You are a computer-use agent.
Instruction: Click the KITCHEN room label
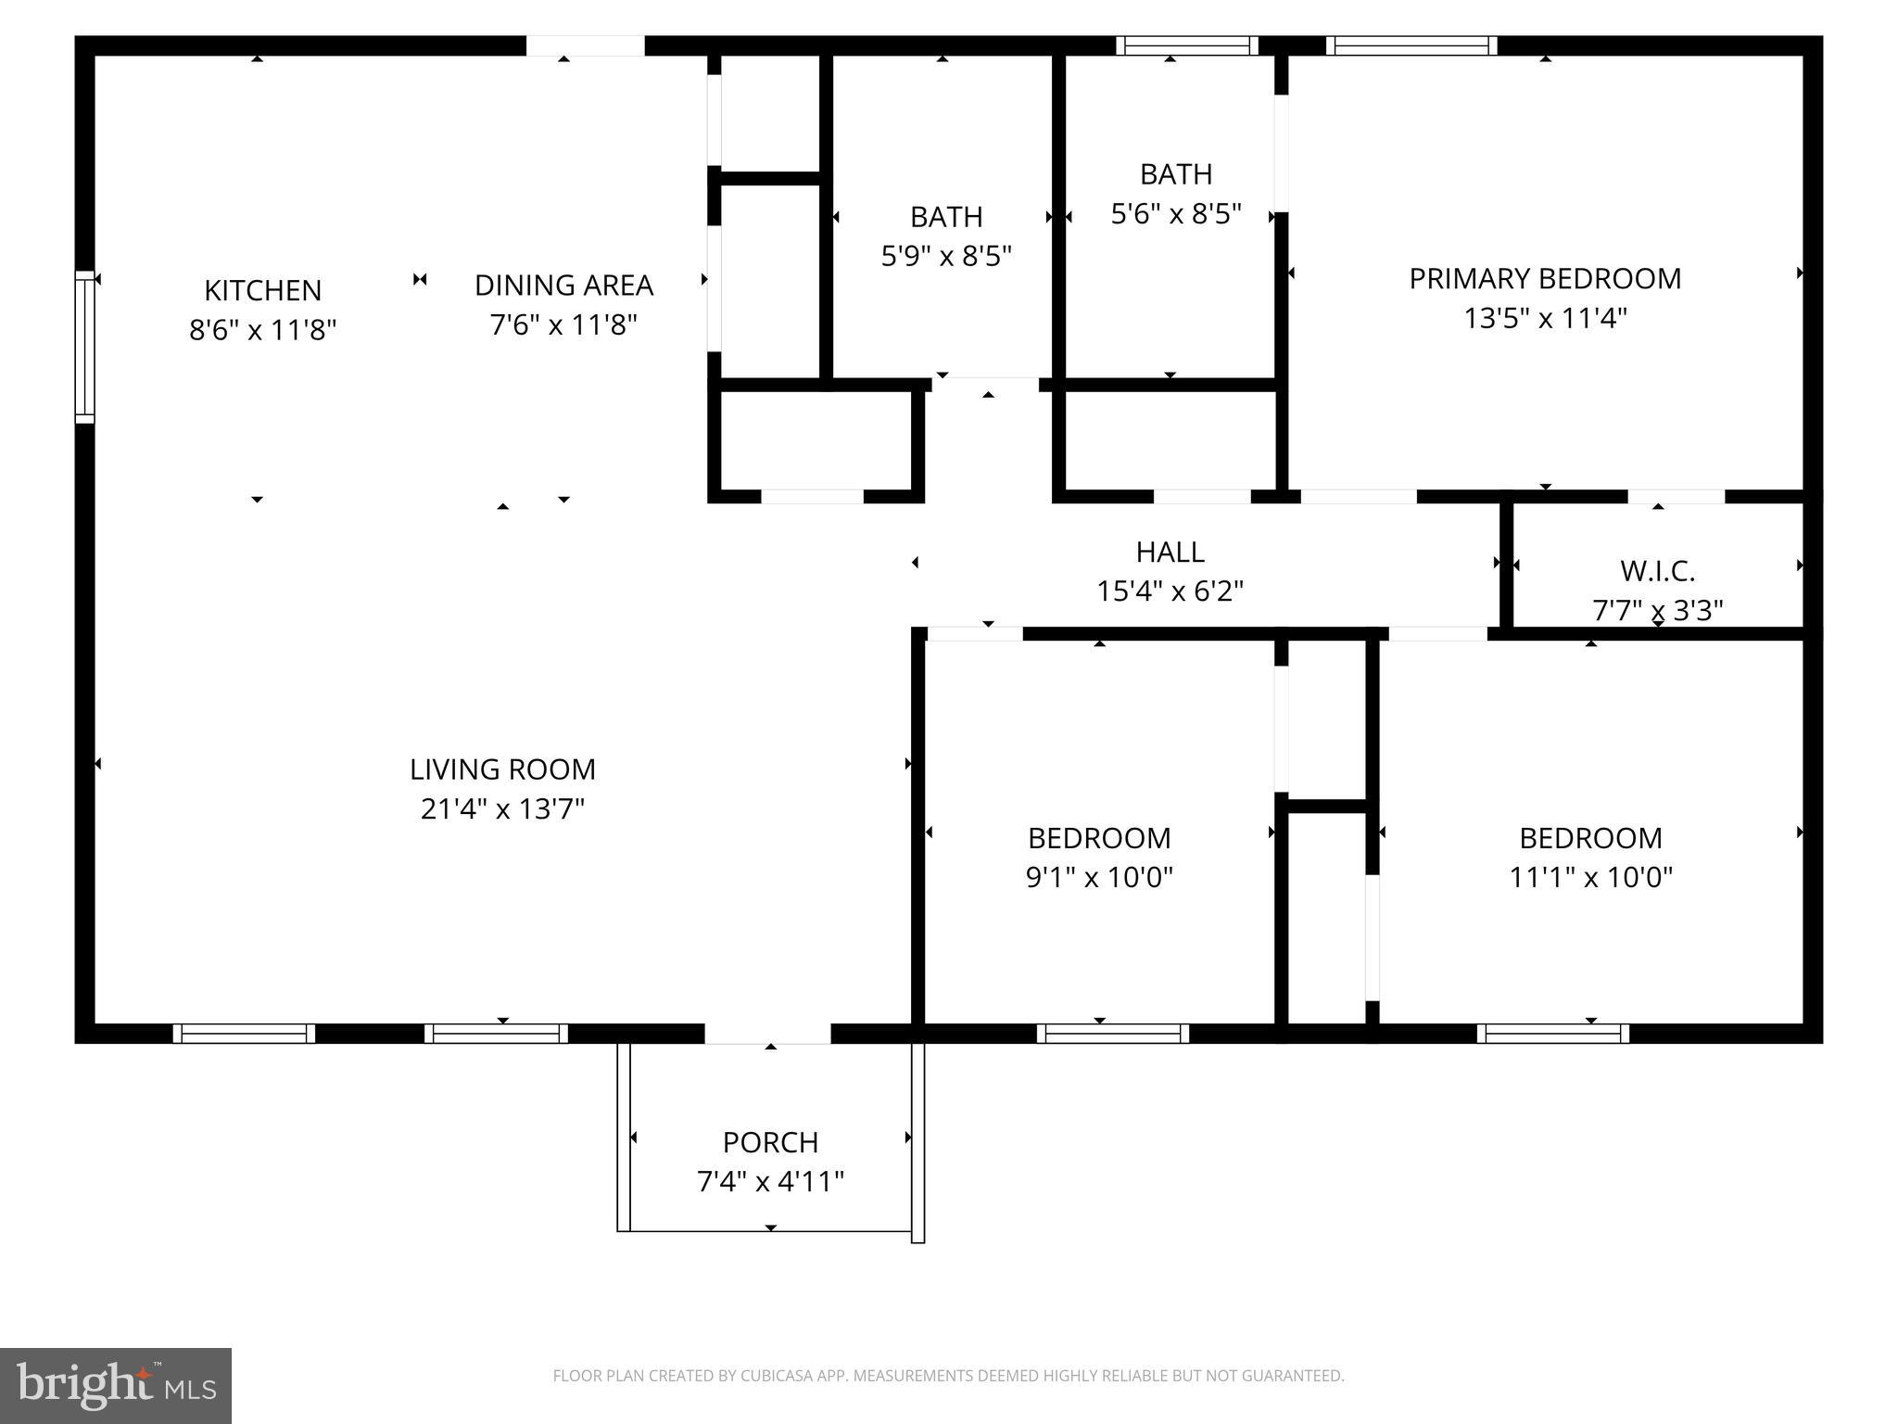[262, 290]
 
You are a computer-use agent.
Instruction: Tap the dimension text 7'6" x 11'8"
[563, 325]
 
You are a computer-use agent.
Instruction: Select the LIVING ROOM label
[502, 769]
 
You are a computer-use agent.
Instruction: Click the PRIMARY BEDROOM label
[1545, 279]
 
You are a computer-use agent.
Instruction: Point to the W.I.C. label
[1657, 571]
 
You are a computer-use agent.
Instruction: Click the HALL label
[1170, 553]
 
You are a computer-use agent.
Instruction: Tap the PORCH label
[770, 1142]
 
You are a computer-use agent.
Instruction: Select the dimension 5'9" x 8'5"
[945, 256]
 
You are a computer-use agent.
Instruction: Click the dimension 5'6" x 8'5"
[1175, 214]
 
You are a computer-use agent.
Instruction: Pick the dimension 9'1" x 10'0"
[1099, 877]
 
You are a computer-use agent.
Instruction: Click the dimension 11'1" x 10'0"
[1590, 877]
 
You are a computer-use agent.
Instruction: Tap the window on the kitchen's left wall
[84, 347]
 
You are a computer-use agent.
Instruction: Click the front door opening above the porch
[767, 1033]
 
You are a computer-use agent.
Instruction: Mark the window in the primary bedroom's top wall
[1411, 45]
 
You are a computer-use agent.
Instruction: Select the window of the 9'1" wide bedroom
[1112, 1033]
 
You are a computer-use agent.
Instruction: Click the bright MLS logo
[116, 1385]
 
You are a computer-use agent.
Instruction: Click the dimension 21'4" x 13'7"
[502, 809]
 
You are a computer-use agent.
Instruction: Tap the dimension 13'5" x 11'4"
[1545, 319]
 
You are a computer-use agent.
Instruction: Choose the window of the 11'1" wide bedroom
[1552, 1033]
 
